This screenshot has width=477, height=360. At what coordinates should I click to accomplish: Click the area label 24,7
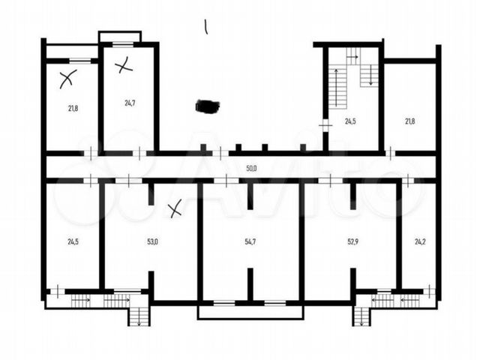tap(130, 103)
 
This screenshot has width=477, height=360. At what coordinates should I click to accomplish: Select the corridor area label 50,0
tap(251, 168)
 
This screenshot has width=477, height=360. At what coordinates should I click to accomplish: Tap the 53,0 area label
tap(152, 242)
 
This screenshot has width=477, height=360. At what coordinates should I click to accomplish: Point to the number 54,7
tap(250, 242)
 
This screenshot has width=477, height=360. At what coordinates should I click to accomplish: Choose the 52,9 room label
tap(353, 242)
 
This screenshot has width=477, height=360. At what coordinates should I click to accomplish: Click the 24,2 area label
tap(420, 242)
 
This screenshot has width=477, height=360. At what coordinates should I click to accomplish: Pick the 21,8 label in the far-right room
tap(409, 121)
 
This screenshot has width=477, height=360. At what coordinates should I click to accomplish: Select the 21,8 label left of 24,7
tap(73, 108)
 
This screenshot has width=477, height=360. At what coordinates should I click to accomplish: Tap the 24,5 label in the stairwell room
tap(350, 121)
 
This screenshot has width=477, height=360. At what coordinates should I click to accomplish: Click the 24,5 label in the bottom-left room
tap(73, 242)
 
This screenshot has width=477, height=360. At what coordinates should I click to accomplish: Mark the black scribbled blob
tap(208, 106)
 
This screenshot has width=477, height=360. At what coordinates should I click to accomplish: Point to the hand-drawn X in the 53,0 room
tap(175, 208)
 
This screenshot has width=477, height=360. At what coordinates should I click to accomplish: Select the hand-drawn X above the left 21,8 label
tap(67, 79)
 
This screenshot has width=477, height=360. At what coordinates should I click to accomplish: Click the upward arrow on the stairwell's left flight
tap(337, 88)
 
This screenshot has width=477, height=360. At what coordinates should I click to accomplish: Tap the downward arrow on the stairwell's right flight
tap(370, 75)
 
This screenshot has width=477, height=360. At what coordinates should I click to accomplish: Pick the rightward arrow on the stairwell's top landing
tap(352, 57)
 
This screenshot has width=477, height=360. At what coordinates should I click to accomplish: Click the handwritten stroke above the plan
tap(206, 27)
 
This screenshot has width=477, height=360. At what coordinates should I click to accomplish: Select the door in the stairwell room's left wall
tap(325, 125)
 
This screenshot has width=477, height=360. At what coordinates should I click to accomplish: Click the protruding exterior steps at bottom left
tap(139, 316)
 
